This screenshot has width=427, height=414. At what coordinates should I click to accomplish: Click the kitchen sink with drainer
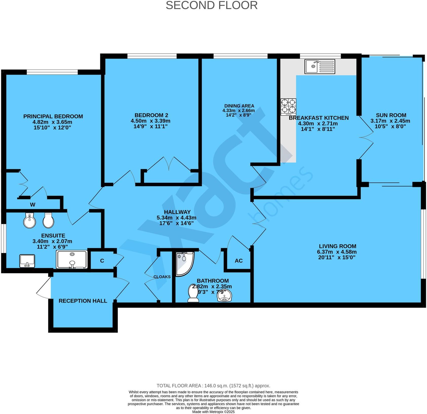pos(320,66)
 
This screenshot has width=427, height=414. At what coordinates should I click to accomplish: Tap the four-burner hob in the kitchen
pos(288,107)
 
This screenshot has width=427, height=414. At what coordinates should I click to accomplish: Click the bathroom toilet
pos(193,294)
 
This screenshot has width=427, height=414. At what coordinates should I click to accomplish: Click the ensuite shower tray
pos(72,259)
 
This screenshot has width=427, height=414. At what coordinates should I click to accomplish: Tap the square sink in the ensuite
pos(27,261)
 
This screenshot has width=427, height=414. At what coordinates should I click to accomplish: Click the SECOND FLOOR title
pos(211,6)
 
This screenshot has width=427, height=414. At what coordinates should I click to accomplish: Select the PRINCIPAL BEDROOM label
pos(53,116)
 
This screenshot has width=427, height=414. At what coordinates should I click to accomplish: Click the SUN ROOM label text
pos(391,115)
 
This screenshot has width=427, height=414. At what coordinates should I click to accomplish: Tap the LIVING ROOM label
pos(337,246)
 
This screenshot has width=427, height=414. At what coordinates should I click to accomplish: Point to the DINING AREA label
pos(239,106)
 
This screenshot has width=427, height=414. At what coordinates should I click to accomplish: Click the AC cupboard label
pos(239,261)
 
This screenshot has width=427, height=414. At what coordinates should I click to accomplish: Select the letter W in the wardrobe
pos(33,205)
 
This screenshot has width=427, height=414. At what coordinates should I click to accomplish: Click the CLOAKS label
pos(162,277)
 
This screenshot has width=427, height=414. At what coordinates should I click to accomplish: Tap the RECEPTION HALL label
pos(83,301)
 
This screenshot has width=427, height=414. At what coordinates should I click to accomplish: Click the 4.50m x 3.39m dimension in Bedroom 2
pos(150,121)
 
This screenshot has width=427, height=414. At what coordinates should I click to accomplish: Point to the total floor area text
pos(213,386)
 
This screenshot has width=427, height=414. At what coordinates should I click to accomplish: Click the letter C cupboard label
pos(102,261)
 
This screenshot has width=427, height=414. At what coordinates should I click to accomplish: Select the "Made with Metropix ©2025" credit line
pos(213,412)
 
